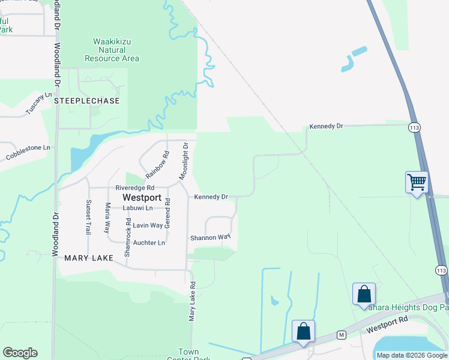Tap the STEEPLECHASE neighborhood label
86,101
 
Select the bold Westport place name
142,197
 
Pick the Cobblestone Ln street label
29,152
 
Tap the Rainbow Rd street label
158,164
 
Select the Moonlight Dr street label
183,161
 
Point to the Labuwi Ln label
137,208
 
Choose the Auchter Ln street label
149,243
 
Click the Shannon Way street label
210,238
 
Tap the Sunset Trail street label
88,217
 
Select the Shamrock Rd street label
127,238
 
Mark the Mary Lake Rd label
193,300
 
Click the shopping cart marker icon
417,181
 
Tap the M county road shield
340,334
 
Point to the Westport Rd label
383,329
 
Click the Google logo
20,353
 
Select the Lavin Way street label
148,226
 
